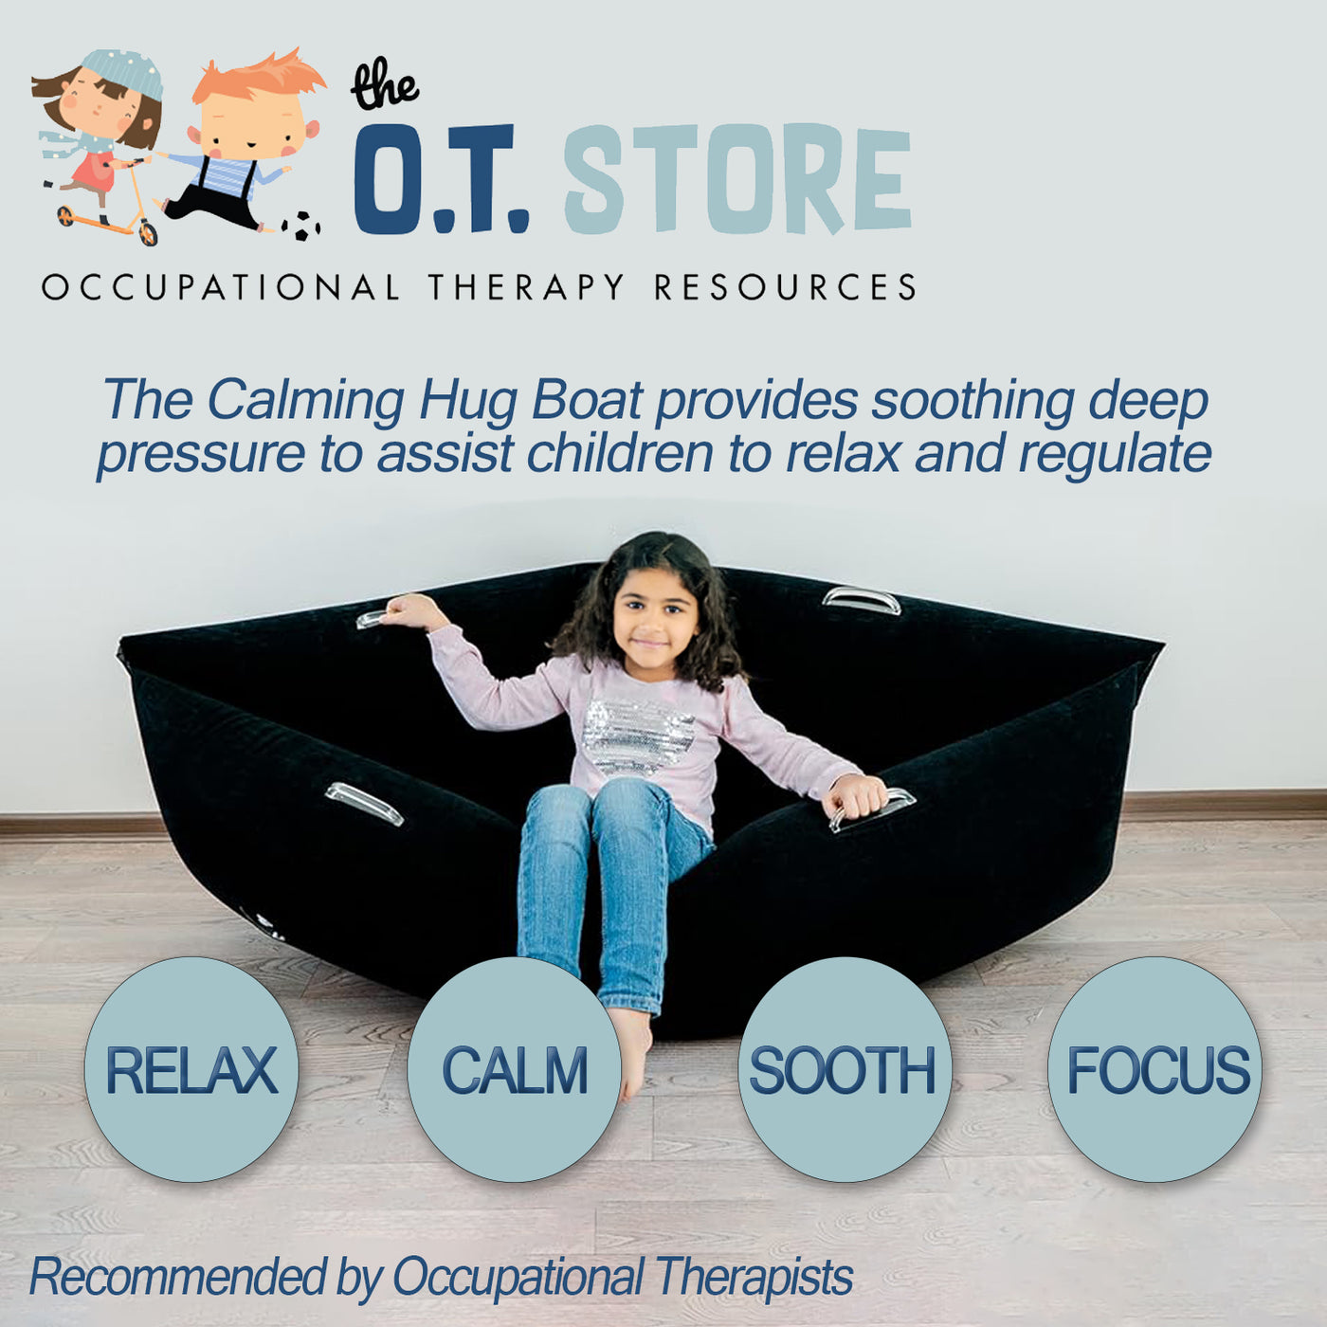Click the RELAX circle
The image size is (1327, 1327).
coord(191,1069)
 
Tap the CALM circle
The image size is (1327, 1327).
coord(515,1069)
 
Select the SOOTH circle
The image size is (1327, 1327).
coord(844,1069)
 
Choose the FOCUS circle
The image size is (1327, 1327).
coord(1155,1069)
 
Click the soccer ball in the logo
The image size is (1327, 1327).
coord(300,226)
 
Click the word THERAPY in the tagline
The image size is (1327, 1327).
coord(525,287)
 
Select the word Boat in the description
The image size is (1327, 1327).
coord(587,400)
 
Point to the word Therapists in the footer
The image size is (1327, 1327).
coord(754,1277)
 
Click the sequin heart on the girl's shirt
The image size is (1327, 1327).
coord(637,735)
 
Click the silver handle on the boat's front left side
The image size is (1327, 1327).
coord(364,804)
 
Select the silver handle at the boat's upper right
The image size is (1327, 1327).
coord(861,600)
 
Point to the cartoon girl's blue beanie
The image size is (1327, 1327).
coord(123,71)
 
